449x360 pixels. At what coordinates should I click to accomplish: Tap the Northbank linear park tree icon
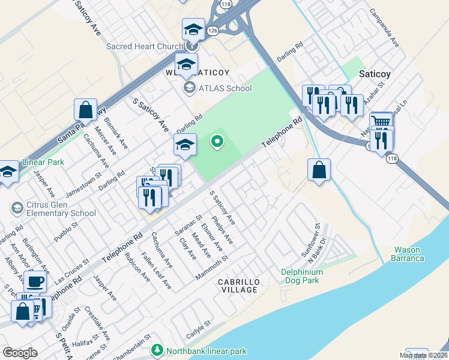pos(157,349)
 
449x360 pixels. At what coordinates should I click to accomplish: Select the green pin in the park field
pos(217,142)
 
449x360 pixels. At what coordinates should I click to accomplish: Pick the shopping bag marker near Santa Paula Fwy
pos(85,110)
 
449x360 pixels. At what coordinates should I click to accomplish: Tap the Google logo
pos(20,353)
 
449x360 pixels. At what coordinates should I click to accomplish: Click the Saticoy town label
pos(375,74)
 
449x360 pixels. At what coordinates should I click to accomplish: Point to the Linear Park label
pos(43,162)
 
